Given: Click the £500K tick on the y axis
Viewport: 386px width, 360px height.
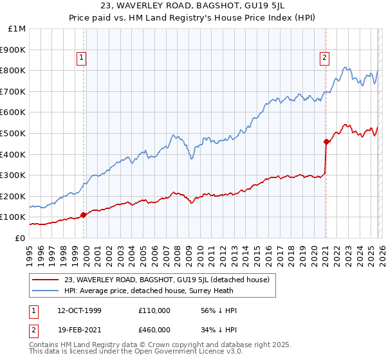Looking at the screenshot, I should [14, 133].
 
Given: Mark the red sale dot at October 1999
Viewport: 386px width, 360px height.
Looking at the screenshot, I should [84, 215].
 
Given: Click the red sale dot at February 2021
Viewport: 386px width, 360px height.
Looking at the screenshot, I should [326, 141].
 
